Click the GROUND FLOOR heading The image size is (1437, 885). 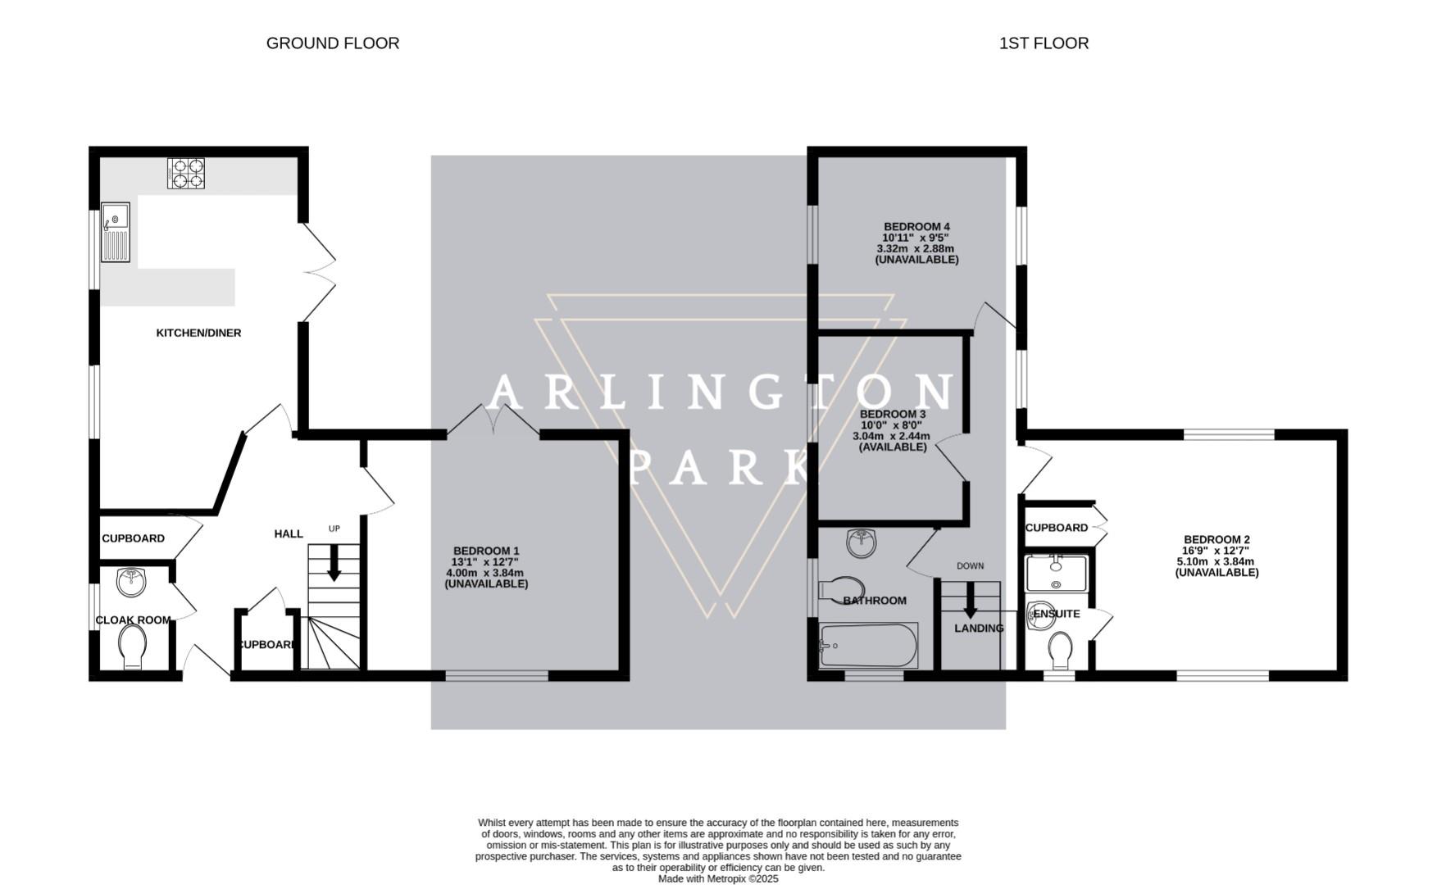pyautogui.click(x=332, y=43)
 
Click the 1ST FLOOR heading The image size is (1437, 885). pyautogui.click(x=1043, y=43)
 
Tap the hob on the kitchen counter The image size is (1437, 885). pyautogui.click(x=186, y=174)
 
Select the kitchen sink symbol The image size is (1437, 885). pyautogui.click(x=116, y=232)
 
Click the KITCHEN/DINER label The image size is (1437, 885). pyautogui.click(x=198, y=333)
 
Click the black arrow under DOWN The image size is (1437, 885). pyautogui.click(x=970, y=601)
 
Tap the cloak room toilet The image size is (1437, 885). pyautogui.click(x=132, y=647)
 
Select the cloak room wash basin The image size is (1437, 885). pyautogui.click(x=131, y=582)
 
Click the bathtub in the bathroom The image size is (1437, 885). pyautogui.click(x=869, y=646)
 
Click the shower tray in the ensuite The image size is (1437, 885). pyautogui.click(x=1056, y=573)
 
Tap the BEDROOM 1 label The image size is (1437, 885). pyautogui.click(x=486, y=551)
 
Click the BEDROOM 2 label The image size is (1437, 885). pyautogui.click(x=1216, y=539)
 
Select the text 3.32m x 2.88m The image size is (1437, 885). pyautogui.click(x=915, y=248)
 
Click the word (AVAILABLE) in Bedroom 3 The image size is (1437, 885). pyautogui.click(x=892, y=447)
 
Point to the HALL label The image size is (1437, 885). pyautogui.click(x=288, y=533)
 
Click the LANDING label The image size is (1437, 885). pyautogui.click(x=979, y=629)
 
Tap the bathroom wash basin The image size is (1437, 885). pyautogui.click(x=861, y=542)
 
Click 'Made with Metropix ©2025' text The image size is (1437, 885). pyautogui.click(x=718, y=878)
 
